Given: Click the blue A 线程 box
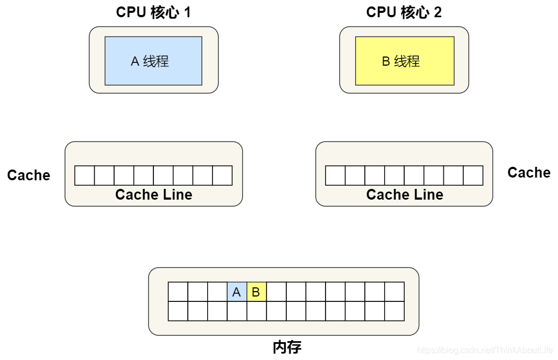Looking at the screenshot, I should [153, 61].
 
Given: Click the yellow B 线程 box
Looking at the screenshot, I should [405, 61].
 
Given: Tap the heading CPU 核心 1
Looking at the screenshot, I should [153, 12].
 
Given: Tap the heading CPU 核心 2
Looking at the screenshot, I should [404, 12].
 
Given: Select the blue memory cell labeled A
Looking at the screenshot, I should [237, 292].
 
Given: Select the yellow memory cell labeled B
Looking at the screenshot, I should [257, 292].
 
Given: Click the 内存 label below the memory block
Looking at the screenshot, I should [287, 347].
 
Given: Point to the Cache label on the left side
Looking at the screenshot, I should [29, 175].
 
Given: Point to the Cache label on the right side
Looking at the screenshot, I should [529, 173].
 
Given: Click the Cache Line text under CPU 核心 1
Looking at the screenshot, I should [153, 195].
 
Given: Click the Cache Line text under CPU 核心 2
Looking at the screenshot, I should [405, 195].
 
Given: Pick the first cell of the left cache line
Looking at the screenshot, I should [84, 175].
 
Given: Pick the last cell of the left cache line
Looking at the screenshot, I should [222, 175].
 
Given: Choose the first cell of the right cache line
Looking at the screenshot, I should [335, 175].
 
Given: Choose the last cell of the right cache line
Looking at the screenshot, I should [473, 175].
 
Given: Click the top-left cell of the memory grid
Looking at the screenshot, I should [178, 292].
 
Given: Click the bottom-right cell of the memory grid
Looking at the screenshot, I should [394, 311].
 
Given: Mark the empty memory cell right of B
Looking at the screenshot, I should [277, 292].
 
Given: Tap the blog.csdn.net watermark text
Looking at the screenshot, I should [485, 350].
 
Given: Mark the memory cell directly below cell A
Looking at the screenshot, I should [237, 311].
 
